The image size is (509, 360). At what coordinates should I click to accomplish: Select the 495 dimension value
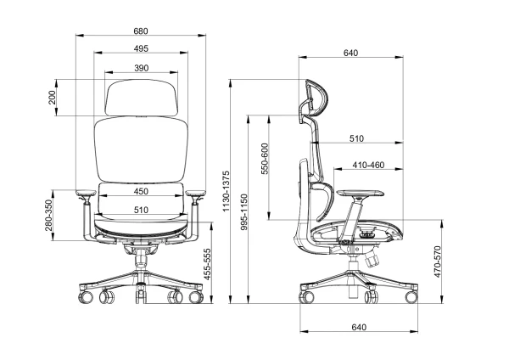pos(141,49)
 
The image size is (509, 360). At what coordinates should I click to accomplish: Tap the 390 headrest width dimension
pos(142,68)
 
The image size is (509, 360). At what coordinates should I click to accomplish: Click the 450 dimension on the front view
pos(141,191)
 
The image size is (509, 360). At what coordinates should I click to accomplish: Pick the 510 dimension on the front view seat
pos(141,210)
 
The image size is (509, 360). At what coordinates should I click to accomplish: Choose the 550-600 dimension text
pos(265,159)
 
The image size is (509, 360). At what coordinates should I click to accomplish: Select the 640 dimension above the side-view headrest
pos(350,53)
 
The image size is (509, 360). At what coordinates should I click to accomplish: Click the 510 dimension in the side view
pos(356,138)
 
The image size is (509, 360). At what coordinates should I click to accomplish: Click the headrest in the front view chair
pos(142,98)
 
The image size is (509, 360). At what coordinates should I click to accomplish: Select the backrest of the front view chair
pos(141,149)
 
